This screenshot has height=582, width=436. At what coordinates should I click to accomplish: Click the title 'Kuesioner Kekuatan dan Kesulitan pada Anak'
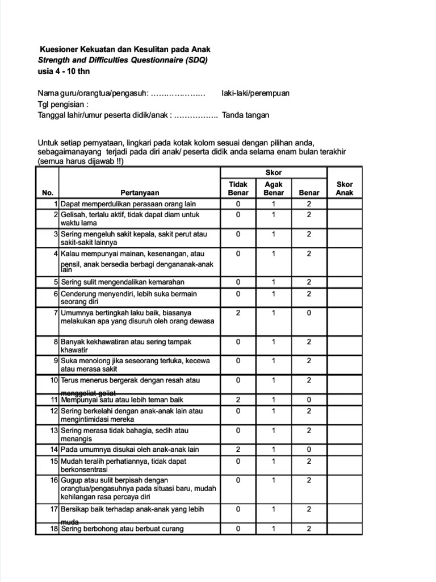point(124,50)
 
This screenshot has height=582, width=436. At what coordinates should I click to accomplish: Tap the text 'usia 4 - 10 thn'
point(64,71)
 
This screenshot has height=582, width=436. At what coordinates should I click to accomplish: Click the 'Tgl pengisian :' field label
point(63,105)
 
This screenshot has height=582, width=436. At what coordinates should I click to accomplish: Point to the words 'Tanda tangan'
point(245,115)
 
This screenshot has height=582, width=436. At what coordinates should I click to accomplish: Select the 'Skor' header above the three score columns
point(273,173)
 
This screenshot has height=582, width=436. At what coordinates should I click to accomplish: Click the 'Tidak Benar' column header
point(238,188)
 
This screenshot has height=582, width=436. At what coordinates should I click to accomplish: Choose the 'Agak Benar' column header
point(273,188)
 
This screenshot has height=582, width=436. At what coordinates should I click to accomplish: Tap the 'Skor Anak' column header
point(344,188)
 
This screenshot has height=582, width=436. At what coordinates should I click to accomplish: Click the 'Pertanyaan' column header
point(140,193)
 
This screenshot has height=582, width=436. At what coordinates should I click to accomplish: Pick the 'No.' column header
point(47,193)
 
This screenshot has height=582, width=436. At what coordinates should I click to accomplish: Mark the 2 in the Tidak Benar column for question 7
point(238,313)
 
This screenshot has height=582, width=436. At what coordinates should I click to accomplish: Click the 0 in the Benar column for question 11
point(309,400)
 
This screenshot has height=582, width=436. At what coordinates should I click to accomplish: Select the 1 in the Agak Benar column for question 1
point(273,203)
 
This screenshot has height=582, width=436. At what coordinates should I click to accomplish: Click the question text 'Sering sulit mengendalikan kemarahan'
point(122,282)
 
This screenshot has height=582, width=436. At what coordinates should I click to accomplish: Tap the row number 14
point(54,450)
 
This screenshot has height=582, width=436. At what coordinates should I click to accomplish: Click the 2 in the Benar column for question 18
point(309,529)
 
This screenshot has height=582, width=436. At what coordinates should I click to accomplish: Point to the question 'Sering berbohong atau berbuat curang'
point(122,529)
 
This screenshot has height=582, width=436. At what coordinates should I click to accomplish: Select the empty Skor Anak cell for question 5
point(344,282)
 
